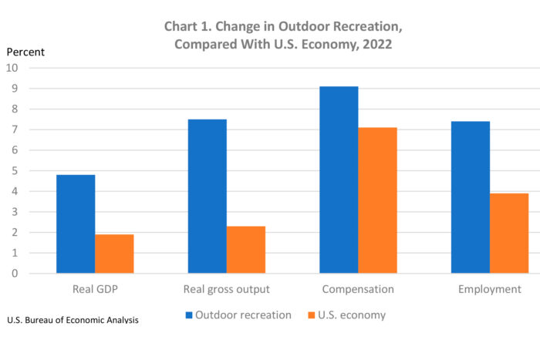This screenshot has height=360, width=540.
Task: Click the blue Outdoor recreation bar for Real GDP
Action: tap(76, 224)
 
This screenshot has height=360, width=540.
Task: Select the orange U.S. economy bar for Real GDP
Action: tap(114, 254)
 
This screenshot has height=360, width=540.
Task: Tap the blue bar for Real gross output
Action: tap(207, 196)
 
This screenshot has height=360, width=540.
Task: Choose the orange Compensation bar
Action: tap(377, 200)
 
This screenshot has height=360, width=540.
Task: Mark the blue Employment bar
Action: tap(470, 197)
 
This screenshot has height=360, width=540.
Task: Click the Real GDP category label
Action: tap(95, 289)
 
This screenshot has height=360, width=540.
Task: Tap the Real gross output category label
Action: tap(226, 289)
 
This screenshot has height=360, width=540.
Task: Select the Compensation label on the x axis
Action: tap(358, 289)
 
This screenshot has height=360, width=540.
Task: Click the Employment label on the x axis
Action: tap(489, 289)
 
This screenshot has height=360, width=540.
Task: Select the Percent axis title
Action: tap(25, 52)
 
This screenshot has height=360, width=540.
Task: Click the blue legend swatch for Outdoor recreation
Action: tap(190, 315)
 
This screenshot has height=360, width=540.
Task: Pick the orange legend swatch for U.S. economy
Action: tap(312, 315)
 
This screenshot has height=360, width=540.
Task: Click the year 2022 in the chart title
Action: tap(375, 44)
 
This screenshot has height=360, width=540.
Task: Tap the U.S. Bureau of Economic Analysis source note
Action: tap(73, 319)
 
